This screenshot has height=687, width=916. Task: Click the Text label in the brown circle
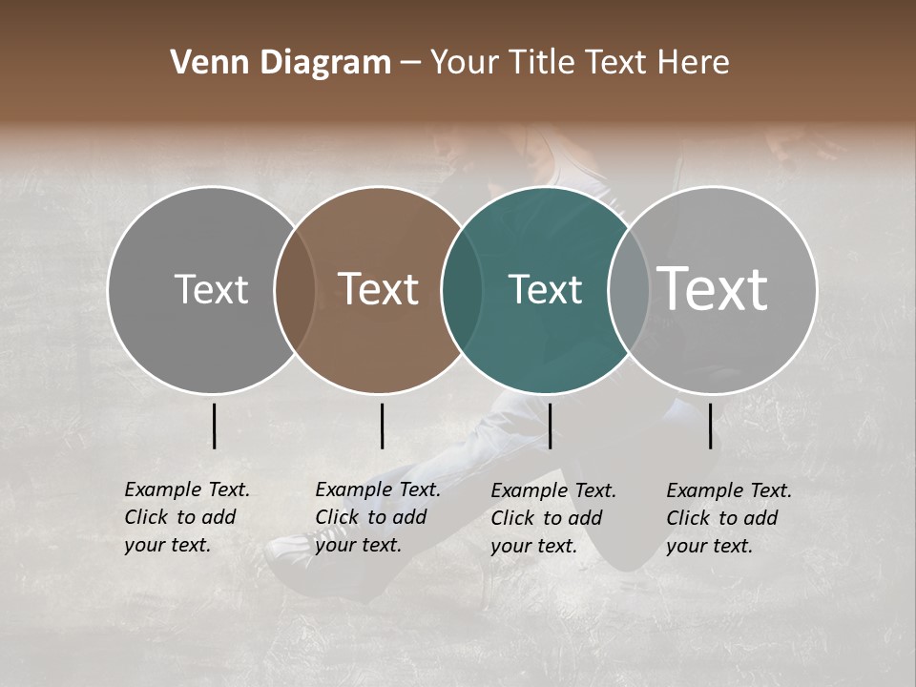(x=379, y=289)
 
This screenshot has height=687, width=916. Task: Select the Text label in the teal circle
(x=545, y=289)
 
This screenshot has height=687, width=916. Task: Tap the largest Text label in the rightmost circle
(x=713, y=289)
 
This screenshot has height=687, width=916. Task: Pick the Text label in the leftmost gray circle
(x=211, y=289)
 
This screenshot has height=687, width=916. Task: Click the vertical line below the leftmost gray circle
(x=214, y=426)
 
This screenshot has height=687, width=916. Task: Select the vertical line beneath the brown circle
(x=382, y=426)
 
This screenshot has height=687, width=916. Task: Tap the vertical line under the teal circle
(x=550, y=426)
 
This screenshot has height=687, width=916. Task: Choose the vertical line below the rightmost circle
(x=710, y=426)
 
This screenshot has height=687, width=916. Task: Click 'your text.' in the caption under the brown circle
(x=358, y=545)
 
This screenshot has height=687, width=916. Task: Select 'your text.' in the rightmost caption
(x=709, y=546)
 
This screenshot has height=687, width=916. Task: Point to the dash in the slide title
(x=410, y=63)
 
